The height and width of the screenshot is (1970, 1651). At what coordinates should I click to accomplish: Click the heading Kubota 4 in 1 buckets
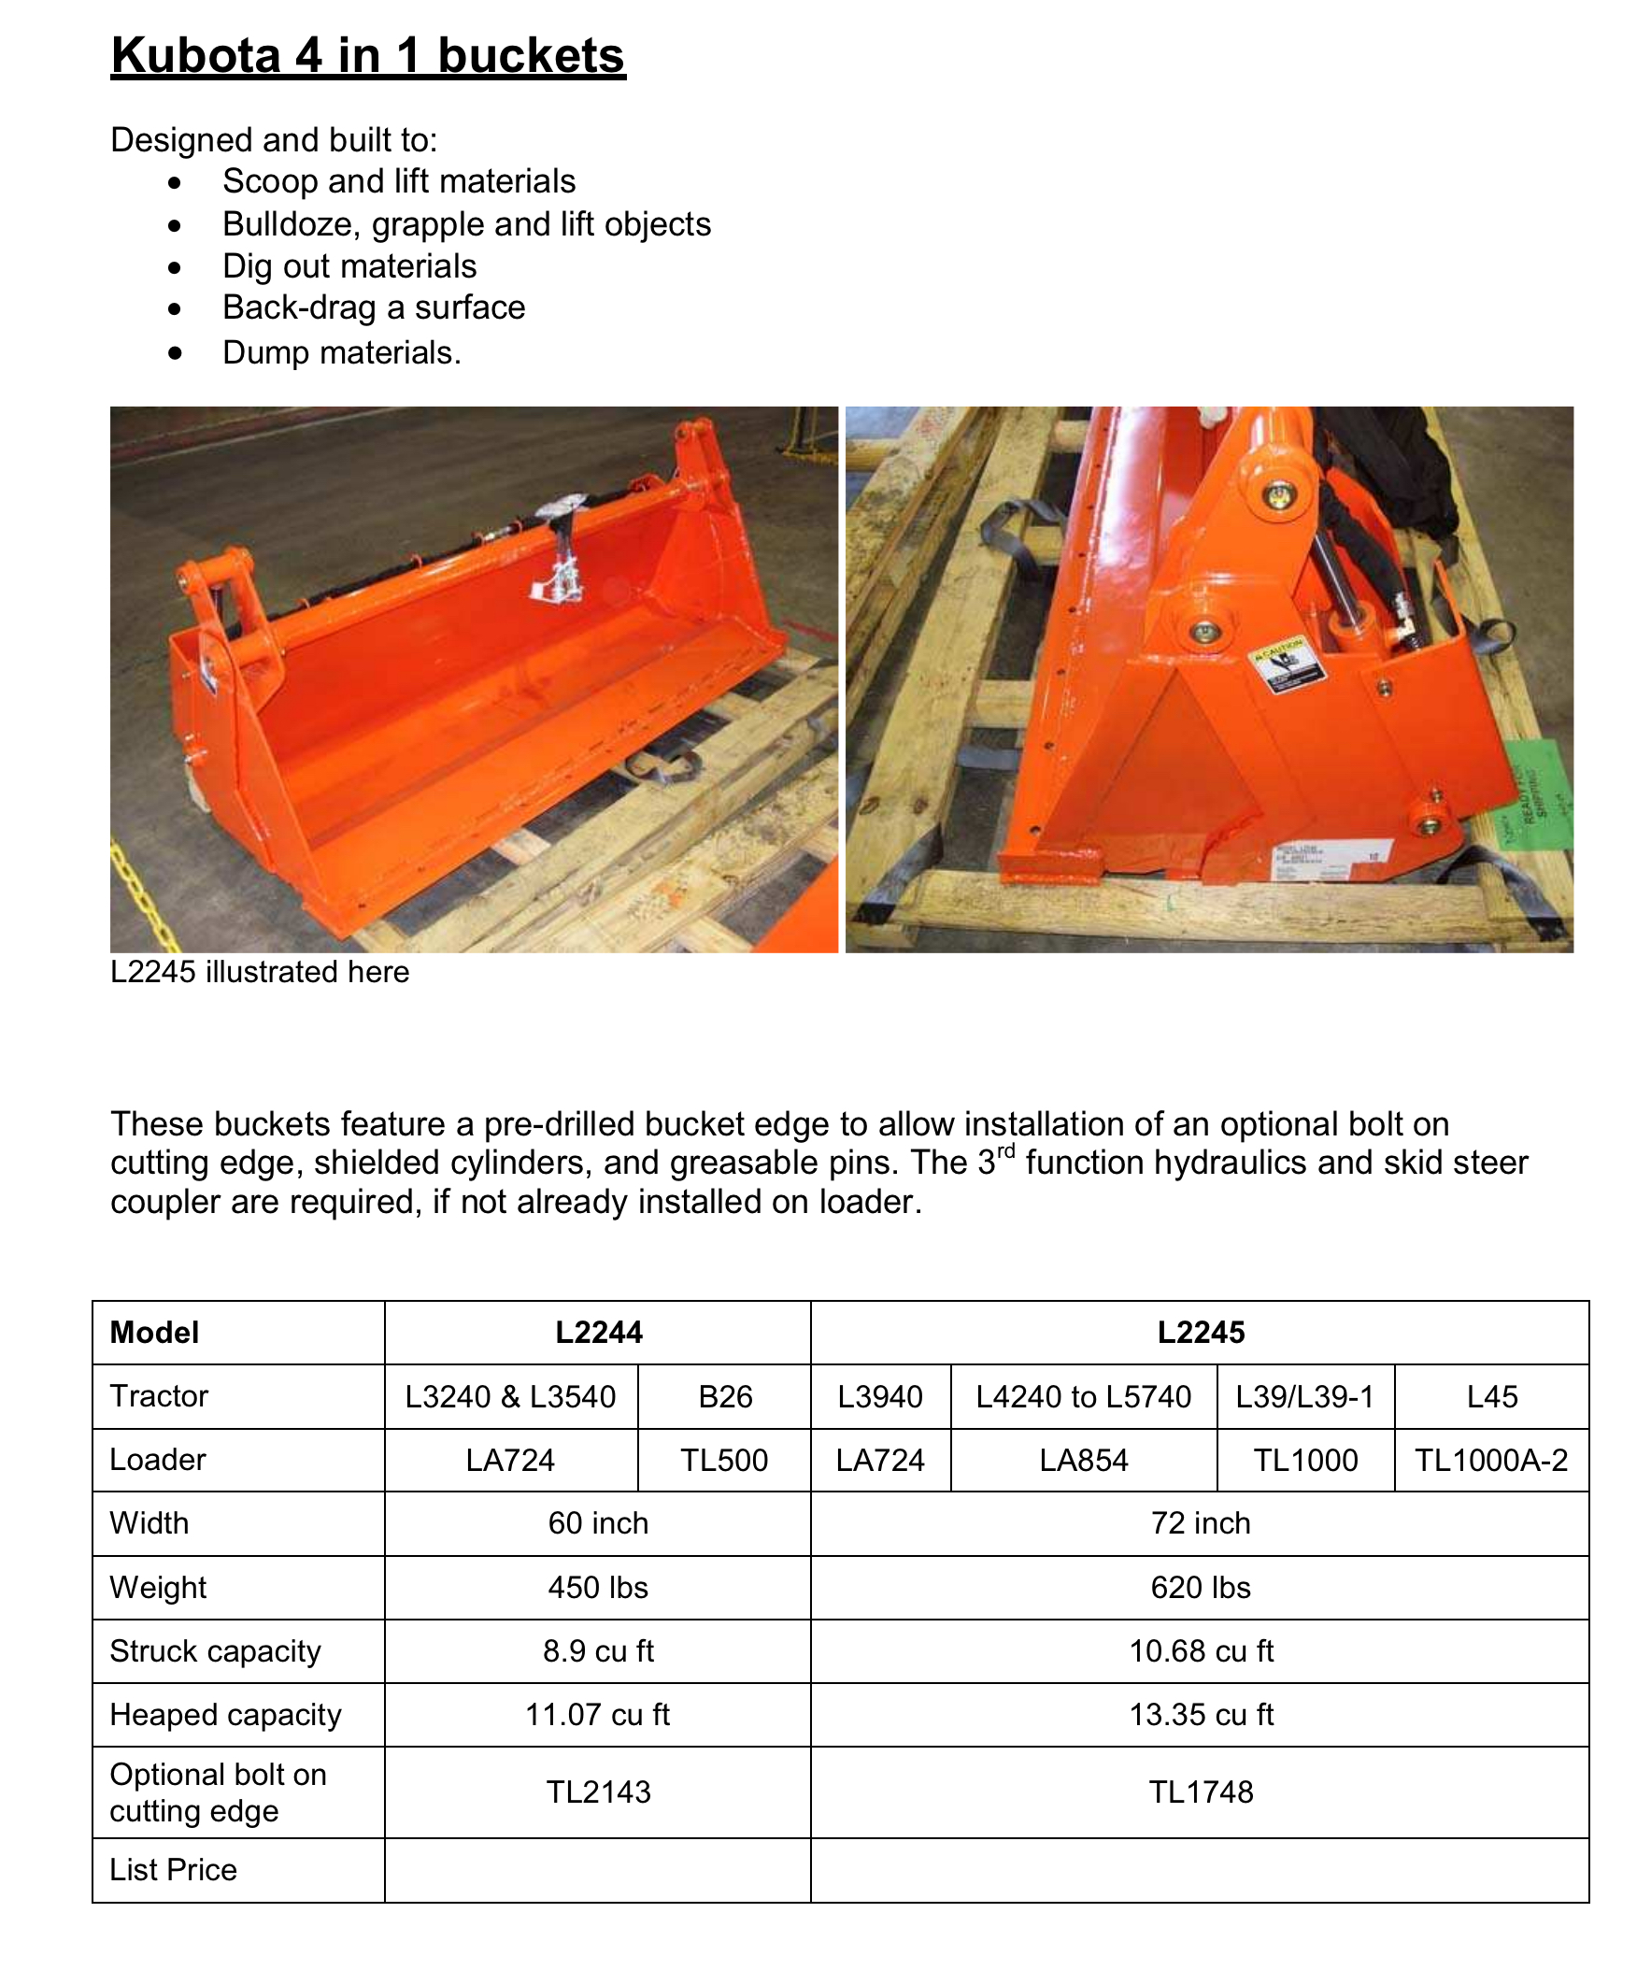point(368,56)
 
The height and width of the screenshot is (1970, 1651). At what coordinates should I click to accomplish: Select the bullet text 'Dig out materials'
point(349,266)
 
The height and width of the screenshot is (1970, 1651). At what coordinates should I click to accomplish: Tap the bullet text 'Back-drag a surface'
point(374,307)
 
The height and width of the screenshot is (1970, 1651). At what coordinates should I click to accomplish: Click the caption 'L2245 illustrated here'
point(260,972)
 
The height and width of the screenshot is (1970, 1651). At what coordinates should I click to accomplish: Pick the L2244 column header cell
point(599,1332)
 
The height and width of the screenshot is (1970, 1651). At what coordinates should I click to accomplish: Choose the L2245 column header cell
point(1200,1332)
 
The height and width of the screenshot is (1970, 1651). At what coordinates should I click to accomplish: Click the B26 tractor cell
point(725,1396)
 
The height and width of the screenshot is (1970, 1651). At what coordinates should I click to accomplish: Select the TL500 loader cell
point(724,1460)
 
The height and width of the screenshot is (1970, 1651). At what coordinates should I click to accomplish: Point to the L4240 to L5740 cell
point(1084,1396)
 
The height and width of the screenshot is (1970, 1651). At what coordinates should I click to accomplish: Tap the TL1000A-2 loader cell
point(1491,1460)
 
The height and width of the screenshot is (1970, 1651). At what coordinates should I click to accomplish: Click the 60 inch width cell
point(599,1523)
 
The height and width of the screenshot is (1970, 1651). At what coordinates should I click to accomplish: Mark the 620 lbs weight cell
point(1200,1587)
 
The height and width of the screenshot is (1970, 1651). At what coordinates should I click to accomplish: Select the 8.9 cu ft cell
point(599,1651)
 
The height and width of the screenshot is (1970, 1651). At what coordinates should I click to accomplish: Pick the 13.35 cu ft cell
point(1200,1715)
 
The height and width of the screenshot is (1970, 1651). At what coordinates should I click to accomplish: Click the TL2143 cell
point(599,1792)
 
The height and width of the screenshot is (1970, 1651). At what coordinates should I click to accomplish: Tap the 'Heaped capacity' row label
point(225,1715)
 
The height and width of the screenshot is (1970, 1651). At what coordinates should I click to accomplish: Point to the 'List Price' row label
point(174,1870)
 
